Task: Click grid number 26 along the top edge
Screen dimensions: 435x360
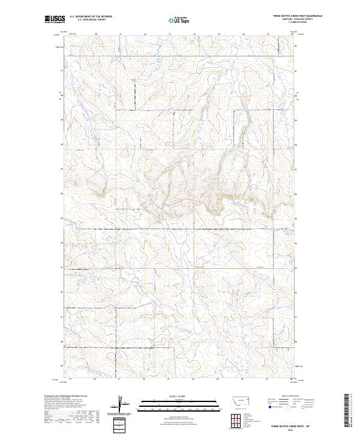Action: [244, 34]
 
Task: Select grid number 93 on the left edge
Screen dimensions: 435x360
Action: [62, 268]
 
